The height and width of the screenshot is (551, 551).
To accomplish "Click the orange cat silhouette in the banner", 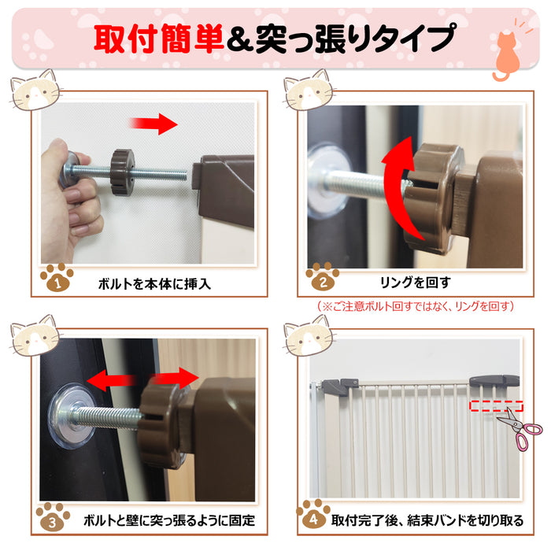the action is click(506, 56).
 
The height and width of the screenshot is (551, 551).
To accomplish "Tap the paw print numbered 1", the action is click(57, 278).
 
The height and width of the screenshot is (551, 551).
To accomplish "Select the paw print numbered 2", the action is click(323, 277).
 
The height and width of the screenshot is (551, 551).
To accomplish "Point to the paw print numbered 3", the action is click(53, 517).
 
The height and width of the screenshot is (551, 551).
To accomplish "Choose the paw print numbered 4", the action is click(313, 514).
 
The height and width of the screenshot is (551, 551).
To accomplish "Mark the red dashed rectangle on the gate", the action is click(497, 406).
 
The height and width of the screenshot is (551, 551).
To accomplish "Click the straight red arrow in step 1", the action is click(153, 124).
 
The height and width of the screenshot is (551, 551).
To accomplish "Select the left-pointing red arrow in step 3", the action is click(112, 380).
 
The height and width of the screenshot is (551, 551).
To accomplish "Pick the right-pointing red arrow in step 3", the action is click(174, 379).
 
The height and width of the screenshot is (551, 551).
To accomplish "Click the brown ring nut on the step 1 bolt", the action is click(123, 172).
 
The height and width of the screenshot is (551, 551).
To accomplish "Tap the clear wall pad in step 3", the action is click(72, 416).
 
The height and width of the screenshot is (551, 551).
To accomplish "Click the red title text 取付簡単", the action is click(158, 39).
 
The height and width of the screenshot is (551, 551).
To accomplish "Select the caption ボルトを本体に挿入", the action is click(154, 284).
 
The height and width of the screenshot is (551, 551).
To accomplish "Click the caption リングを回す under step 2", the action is click(415, 282).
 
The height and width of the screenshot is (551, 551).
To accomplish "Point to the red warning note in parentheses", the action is click(416, 306).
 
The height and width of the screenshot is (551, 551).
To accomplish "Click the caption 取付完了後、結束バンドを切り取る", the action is click(427, 520).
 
